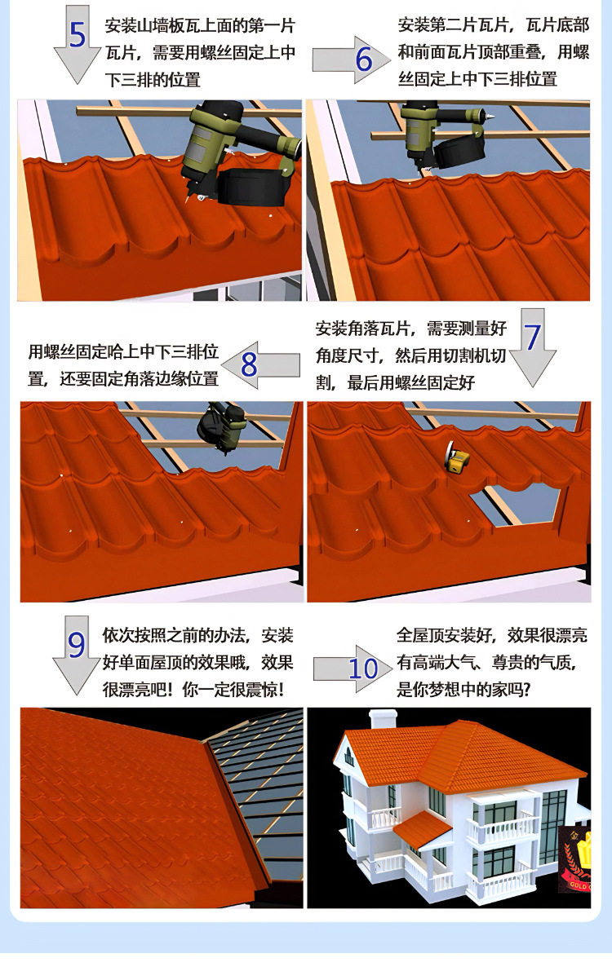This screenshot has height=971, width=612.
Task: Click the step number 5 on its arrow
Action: [x=77, y=37]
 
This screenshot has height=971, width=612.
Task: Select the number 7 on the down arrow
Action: [x=532, y=338]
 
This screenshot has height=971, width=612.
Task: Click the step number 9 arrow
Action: [x=76, y=646]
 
